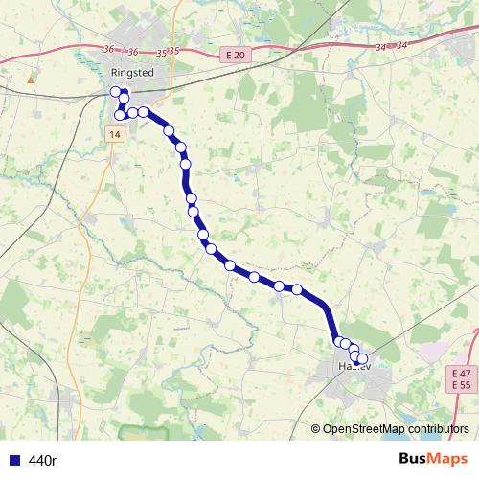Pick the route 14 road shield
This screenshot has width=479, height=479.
(x=115, y=135)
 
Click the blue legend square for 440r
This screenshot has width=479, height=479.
(x=14, y=460)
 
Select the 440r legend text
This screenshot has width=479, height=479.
(x=43, y=460)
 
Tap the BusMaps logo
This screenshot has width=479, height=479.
(x=433, y=459)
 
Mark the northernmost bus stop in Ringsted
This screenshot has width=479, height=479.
(x=116, y=92)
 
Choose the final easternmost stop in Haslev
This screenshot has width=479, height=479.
(x=362, y=359)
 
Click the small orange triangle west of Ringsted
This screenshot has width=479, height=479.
(x=32, y=80)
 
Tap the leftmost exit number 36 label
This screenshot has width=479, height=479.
(x=108, y=50)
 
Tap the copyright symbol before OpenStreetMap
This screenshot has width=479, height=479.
(x=316, y=429)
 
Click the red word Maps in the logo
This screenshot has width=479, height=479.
(x=450, y=459)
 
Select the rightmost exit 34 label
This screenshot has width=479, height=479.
(x=400, y=44)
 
